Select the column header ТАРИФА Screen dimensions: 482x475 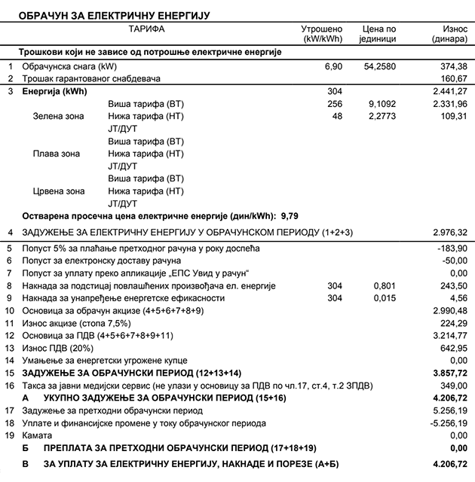pos(146,29)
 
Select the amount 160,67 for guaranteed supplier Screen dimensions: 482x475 pos(453,78)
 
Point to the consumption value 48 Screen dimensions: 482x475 pos(336,117)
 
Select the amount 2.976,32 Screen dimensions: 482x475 pos(450,232)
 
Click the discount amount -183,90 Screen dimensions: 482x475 pos(452,249)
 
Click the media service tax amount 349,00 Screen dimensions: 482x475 pos(453,385)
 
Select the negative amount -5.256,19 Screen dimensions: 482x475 pos(449,423)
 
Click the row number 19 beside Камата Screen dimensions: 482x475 pos(10,435)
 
